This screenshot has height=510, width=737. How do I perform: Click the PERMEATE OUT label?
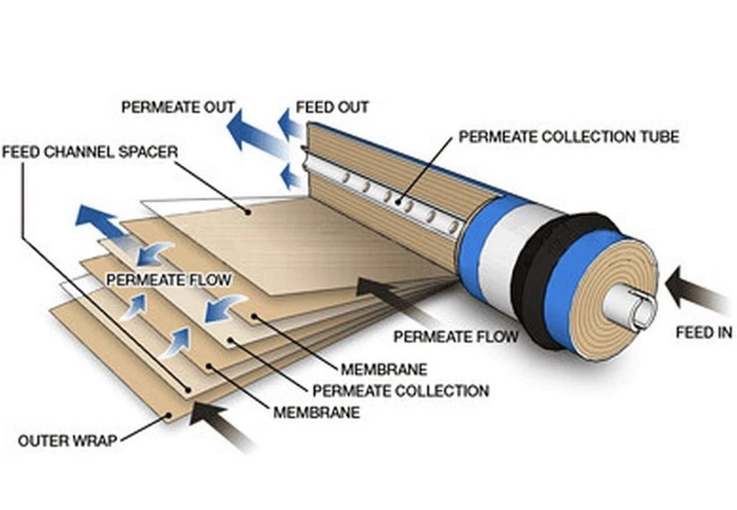[178, 108]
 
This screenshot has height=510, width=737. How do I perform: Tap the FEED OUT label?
[332, 108]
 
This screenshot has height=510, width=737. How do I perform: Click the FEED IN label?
[704, 333]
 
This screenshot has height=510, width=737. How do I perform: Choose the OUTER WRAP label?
[68, 441]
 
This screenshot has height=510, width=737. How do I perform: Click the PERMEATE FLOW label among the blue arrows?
[169, 280]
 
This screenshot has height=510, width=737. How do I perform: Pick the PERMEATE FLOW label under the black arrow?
[456, 336]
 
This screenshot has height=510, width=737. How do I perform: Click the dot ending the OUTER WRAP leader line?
[170, 415]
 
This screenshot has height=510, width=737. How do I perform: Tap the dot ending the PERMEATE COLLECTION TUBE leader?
[398, 202]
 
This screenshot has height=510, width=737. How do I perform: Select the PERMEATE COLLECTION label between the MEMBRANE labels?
[401, 391]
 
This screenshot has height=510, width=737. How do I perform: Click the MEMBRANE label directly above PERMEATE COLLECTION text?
[384, 369]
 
